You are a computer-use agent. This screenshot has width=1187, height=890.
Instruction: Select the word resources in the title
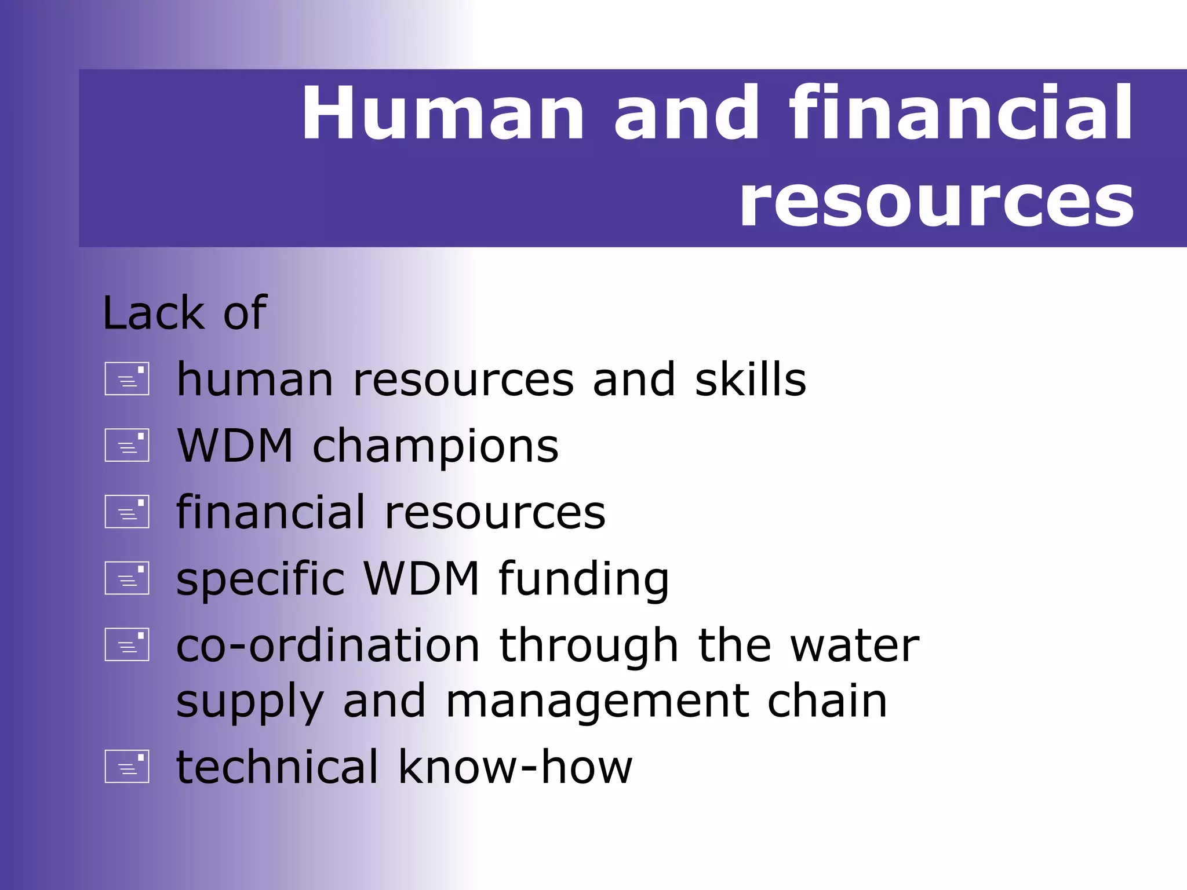[936, 202]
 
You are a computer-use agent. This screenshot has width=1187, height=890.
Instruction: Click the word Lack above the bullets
[153, 313]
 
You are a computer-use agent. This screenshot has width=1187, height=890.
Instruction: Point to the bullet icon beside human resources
[127, 379]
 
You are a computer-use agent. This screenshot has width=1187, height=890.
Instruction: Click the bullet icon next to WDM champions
[127, 445]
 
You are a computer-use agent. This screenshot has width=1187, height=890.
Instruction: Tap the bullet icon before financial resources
[127, 512]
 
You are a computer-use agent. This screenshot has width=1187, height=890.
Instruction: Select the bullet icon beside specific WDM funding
[127, 578]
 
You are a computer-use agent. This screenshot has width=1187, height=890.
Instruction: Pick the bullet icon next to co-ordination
[127, 644]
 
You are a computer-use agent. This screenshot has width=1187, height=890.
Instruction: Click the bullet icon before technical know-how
[127, 766]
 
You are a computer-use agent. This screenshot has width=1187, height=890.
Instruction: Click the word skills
[751, 380]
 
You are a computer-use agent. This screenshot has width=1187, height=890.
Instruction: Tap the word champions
[435, 447]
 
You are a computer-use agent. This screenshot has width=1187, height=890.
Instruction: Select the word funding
[584, 579]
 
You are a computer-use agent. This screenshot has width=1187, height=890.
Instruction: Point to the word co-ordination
[327, 645]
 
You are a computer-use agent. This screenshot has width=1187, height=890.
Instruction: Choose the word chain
[827, 701]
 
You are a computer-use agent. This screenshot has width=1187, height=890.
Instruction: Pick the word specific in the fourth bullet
[260, 579]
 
